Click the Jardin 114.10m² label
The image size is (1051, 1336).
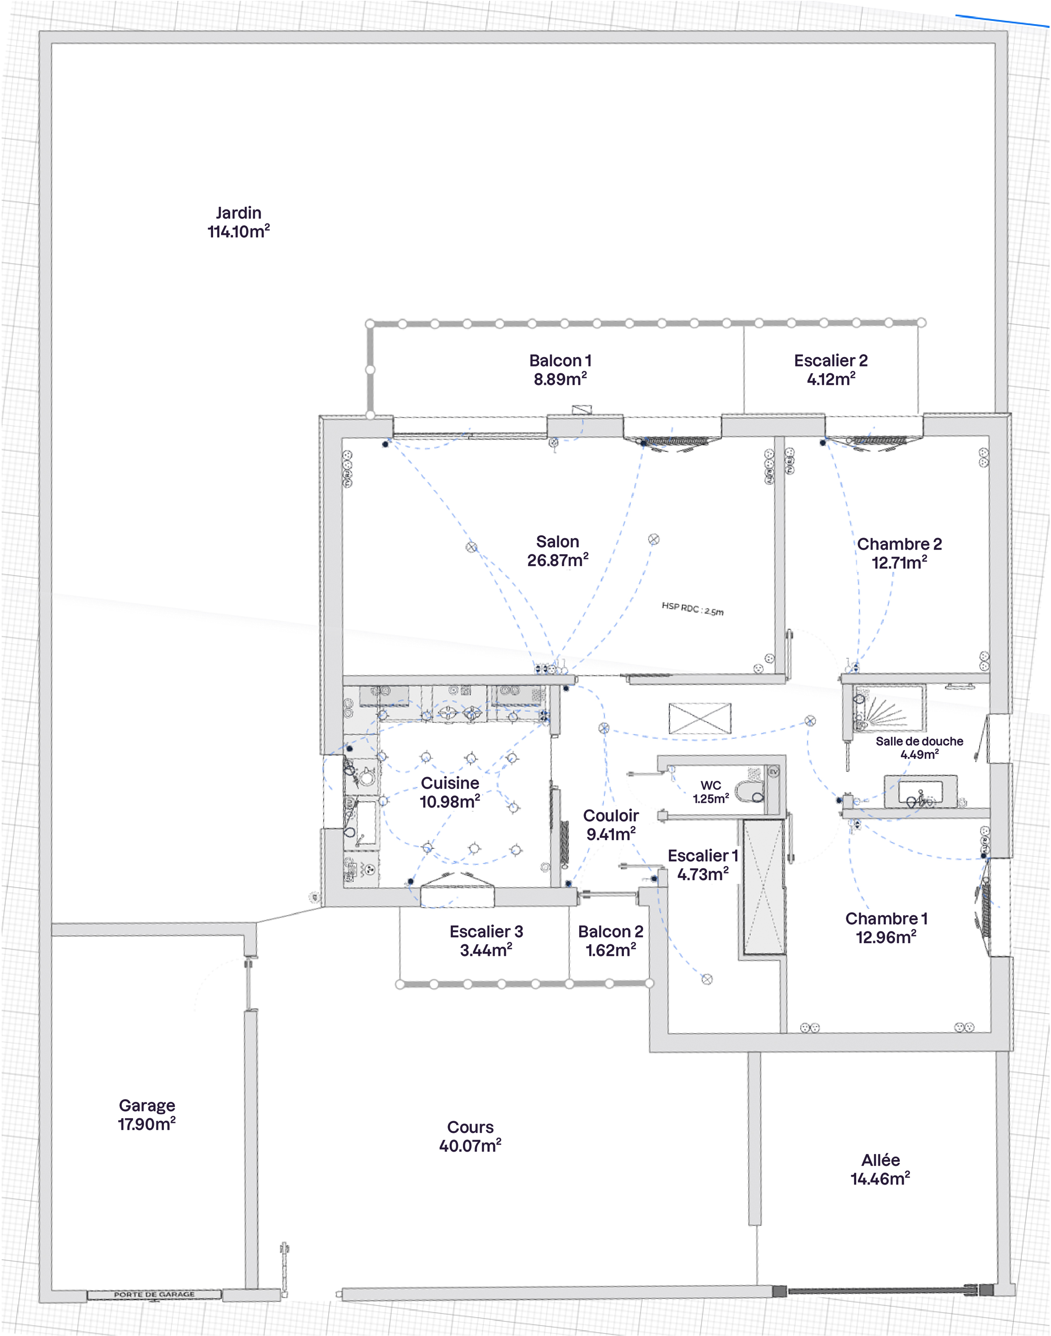[x=239, y=222]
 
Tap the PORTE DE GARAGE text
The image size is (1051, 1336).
[x=154, y=1294]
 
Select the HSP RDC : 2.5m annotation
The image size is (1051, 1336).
[x=692, y=609]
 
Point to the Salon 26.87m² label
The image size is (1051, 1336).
[x=558, y=551]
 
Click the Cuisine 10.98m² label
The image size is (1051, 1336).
[x=450, y=792]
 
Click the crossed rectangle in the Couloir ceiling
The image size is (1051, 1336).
[x=700, y=718]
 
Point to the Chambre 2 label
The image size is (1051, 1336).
[x=899, y=553]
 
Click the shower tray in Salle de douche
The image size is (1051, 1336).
[x=888, y=709]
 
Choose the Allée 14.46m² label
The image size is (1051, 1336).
[x=880, y=1169]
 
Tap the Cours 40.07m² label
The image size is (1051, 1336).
[x=470, y=1136]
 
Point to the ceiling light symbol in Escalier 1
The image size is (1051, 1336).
[x=707, y=979]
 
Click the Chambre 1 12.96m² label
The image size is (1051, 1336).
[x=886, y=927]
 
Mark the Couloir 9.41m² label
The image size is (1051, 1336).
[x=611, y=825]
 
